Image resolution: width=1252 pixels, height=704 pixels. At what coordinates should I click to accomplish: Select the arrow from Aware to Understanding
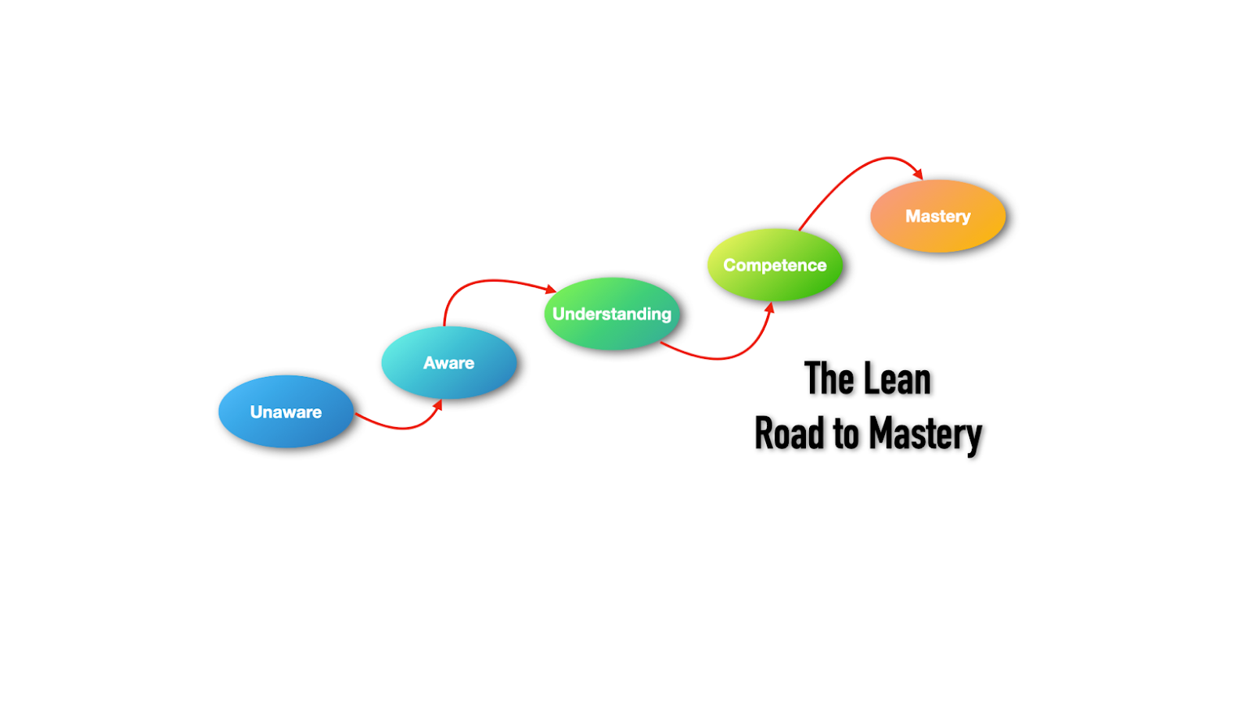pos(485,281)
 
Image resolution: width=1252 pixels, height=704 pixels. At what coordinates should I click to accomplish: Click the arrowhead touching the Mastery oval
pos(918,173)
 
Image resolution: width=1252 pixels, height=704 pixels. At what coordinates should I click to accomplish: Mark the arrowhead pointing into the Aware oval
pos(437,405)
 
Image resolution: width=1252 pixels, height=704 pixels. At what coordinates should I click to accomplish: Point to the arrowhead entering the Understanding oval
pos(550,289)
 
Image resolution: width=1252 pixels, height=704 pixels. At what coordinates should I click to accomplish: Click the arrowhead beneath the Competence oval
pos(769,308)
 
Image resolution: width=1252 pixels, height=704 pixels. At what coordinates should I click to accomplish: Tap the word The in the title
pos(829,380)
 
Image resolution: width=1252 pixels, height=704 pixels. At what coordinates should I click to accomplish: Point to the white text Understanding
pos(612,314)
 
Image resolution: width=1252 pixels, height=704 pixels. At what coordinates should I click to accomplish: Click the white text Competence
pos(775,265)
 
